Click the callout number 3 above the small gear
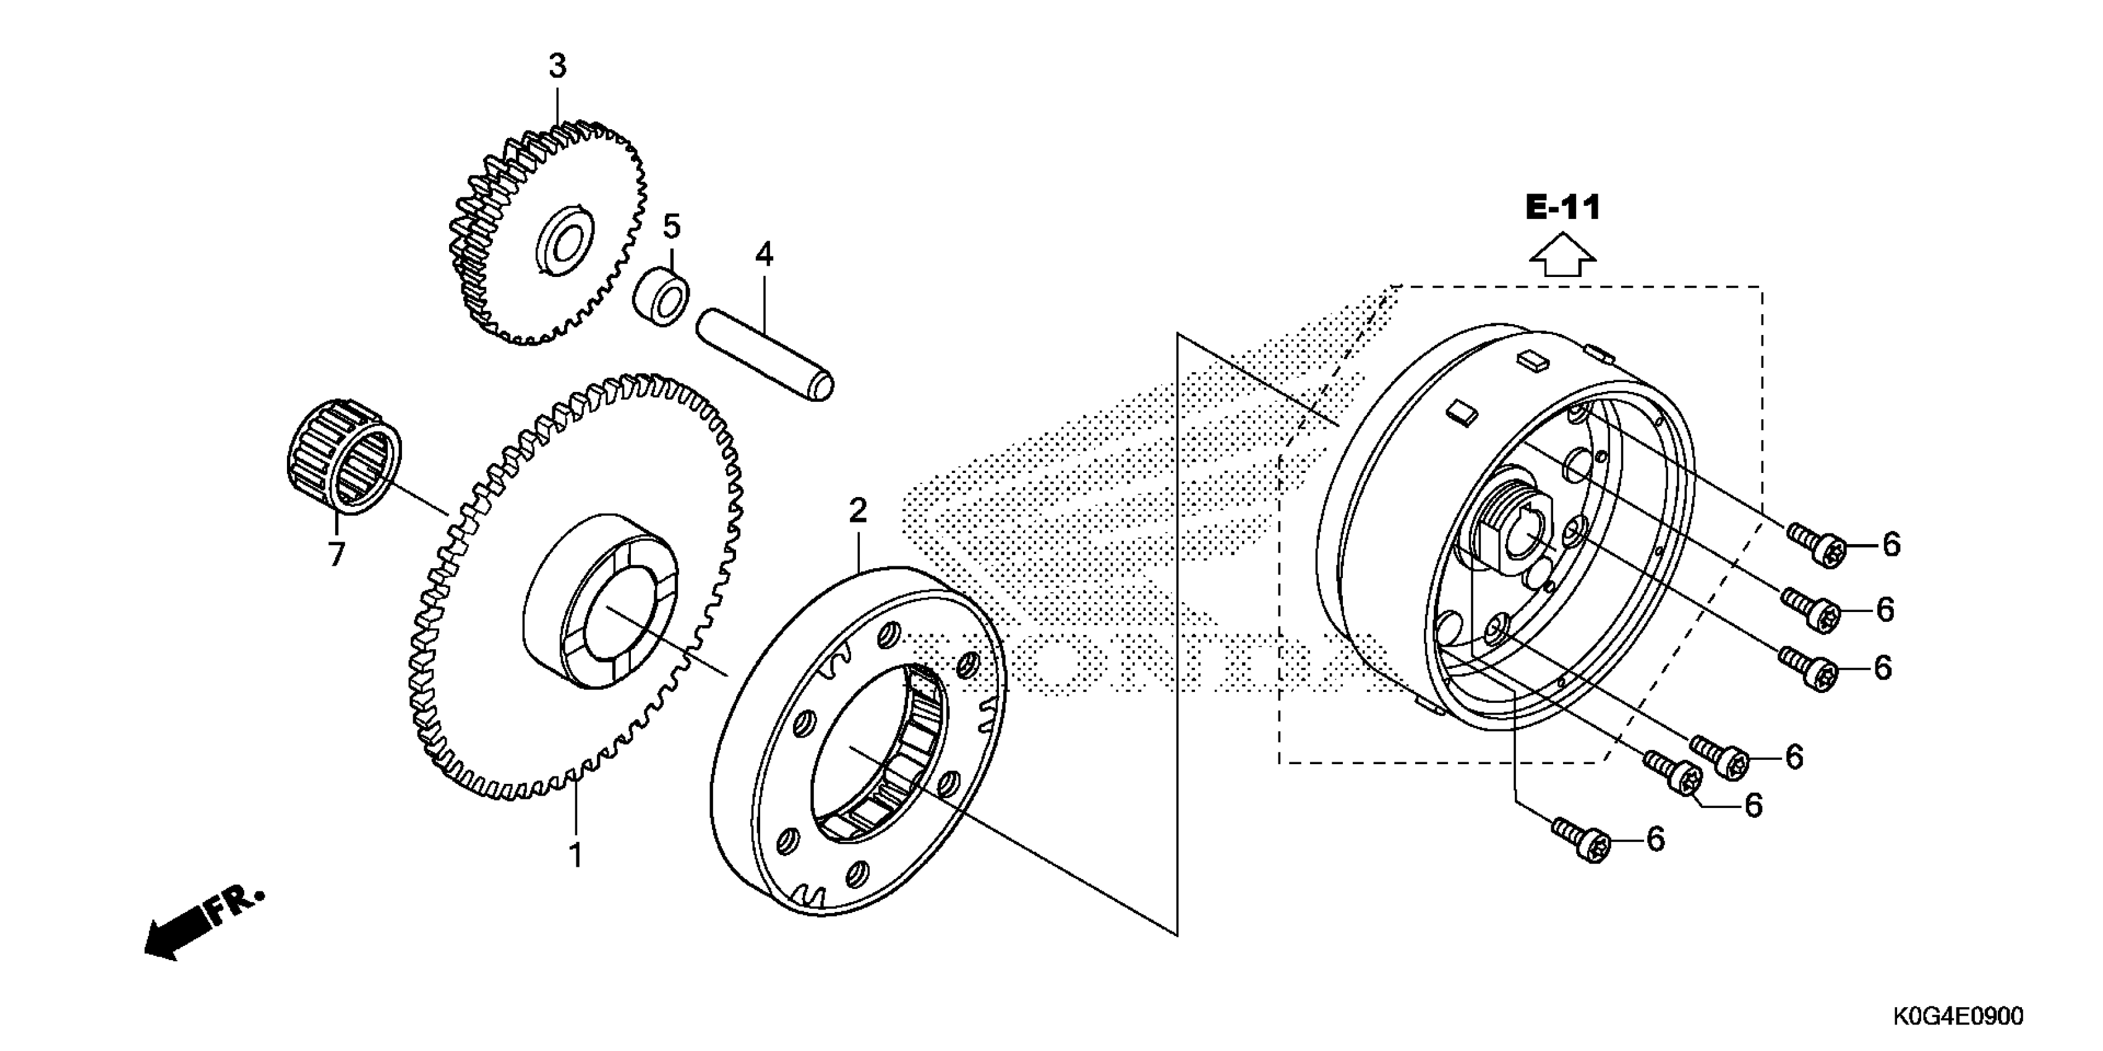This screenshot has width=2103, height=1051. [x=557, y=66]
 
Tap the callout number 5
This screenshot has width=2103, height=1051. [x=671, y=227]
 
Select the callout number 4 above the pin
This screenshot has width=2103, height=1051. [x=763, y=255]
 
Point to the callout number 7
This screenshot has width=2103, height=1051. [x=336, y=554]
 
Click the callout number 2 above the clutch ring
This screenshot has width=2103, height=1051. [x=857, y=511]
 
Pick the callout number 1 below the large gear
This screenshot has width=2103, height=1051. [x=576, y=855]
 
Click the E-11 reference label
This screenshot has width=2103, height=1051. [x=1562, y=207]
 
